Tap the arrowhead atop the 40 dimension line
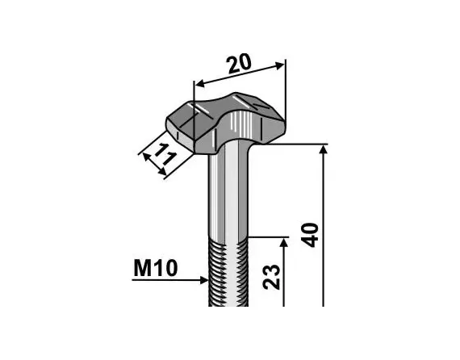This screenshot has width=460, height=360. [324, 151]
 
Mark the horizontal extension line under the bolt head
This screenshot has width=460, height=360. [299, 144]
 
